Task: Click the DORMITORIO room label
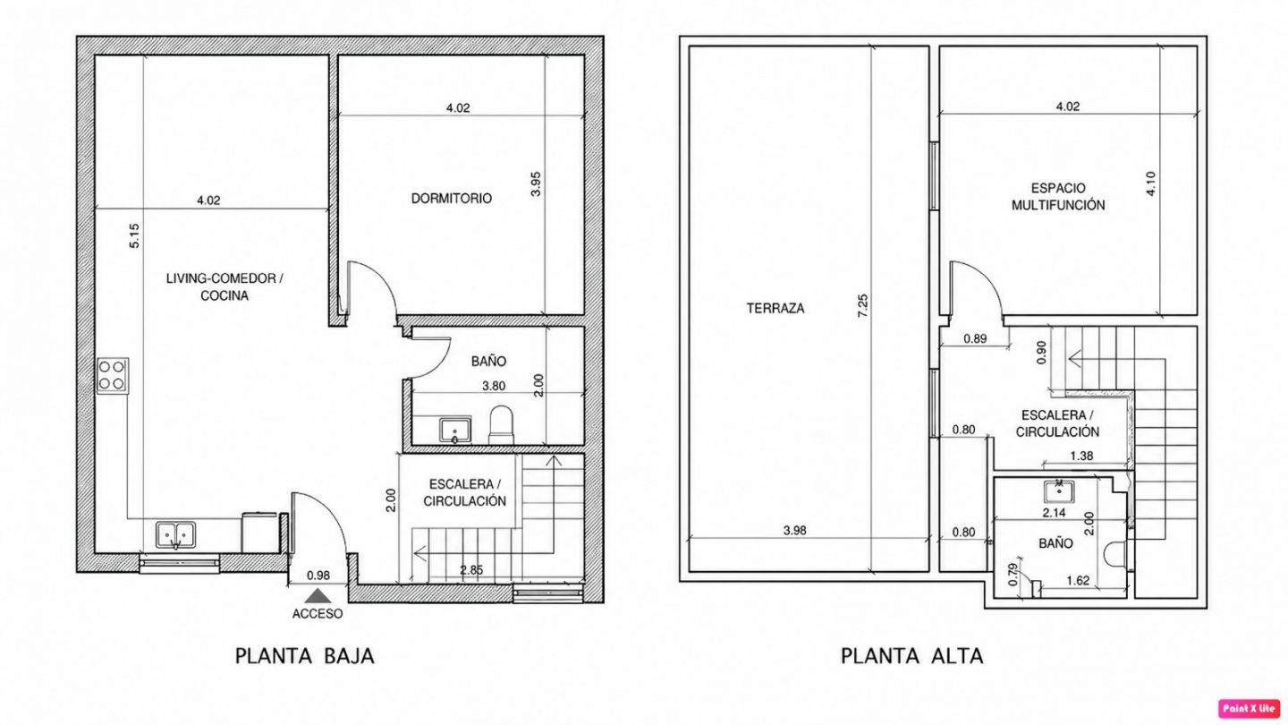pos(452,199)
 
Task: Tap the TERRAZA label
pos(775,309)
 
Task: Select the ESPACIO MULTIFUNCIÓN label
pos(1058,197)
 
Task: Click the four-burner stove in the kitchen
pos(113,376)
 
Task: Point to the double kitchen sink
pos(176,535)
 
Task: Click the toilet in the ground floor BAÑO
pos(502,424)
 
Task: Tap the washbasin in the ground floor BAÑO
pos(455,431)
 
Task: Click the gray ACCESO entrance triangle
pos(318,595)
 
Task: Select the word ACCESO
pos(318,614)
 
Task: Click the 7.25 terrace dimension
pos(862,305)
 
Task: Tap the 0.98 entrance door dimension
pos(318,576)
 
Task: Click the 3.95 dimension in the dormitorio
pos(535,184)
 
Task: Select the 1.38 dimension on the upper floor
pos(1081,456)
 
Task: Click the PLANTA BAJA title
pos(305,656)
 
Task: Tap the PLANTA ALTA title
pos(912,656)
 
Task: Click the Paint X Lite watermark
pos(1249,708)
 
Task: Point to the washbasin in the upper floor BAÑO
pos(1059,492)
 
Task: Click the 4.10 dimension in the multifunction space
pos(1150,184)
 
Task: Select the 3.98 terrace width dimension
pos(794,531)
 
